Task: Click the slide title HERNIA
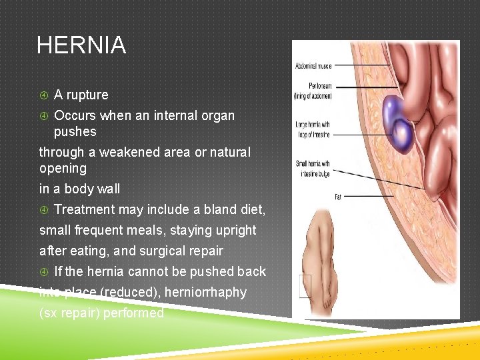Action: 81,46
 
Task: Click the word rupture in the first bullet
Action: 87,95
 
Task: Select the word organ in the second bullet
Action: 219,116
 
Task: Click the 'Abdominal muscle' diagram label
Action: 313,65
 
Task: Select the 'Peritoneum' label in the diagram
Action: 314,91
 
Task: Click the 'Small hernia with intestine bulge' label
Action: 313,168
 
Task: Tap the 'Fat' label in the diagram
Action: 337,197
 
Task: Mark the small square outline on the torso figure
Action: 305,286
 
